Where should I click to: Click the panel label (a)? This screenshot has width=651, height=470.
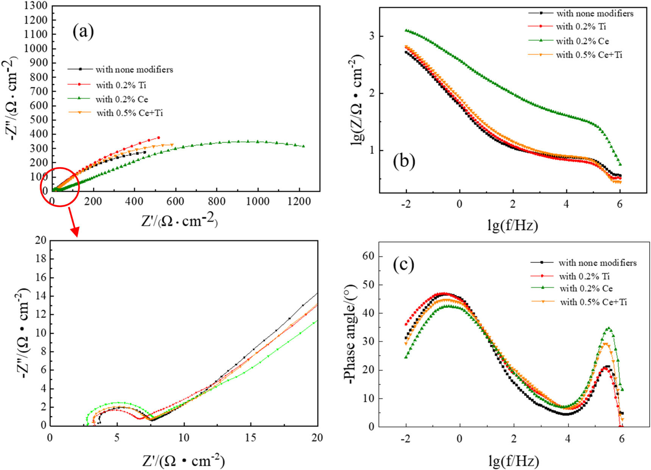[x=83, y=31]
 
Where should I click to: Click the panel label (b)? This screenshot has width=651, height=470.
[x=404, y=161]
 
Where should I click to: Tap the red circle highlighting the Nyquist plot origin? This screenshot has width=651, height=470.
[x=60, y=187]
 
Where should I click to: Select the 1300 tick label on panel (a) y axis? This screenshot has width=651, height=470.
[x=36, y=6]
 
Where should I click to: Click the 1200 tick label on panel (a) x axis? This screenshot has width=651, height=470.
[x=299, y=202]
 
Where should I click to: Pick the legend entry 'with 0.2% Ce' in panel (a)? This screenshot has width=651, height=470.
[x=121, y=99]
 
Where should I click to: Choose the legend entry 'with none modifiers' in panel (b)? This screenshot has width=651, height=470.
[x=594, y=14]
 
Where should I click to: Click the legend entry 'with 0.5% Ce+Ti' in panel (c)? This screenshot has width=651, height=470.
[x=593, y=302]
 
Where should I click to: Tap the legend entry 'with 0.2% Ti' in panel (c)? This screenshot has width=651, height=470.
[x=584, y=276]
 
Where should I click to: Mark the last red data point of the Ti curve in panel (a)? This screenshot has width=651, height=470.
[x=159, y=138]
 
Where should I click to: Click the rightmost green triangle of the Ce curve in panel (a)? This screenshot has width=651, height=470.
[x=304, y=146]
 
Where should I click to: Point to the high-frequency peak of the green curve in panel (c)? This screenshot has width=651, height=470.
[x=609, y=329]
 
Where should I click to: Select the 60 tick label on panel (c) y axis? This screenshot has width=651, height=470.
[x=368, y=256]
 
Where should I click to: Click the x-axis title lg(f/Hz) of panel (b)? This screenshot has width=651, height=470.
[x=512, y=225]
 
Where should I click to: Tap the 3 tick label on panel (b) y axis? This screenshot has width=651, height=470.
[x=372, y=36]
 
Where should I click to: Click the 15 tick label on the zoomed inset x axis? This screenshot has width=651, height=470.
[x=250, y=438]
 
